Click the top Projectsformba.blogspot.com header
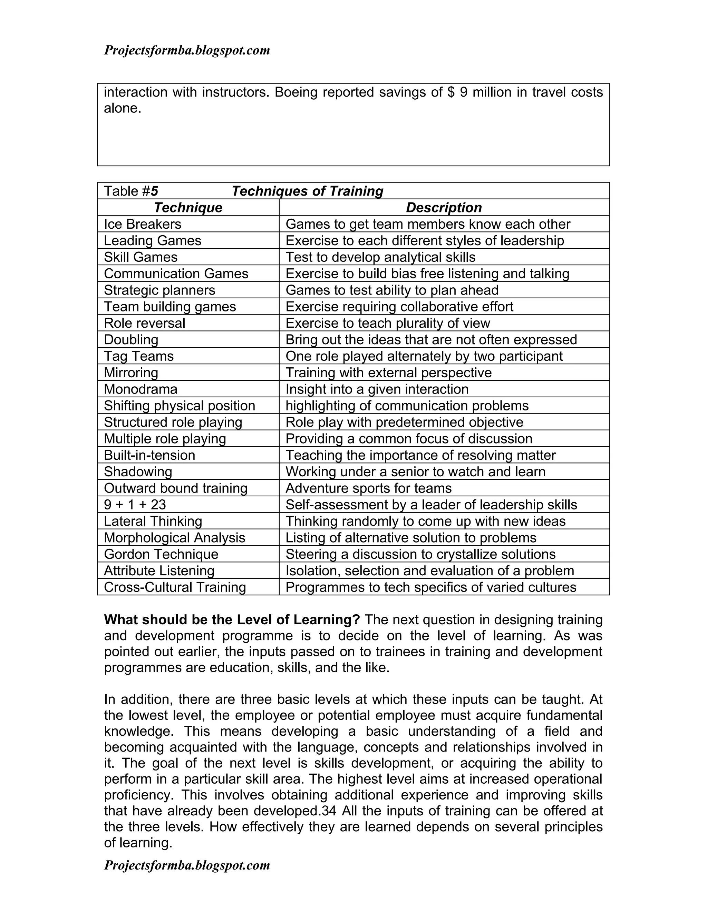point(187,51)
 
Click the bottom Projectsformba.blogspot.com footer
point(187,865)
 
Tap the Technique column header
point(188,208)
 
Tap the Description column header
point(444,208)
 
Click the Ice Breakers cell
point(143,224)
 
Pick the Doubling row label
point(131,340)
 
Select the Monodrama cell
point(141,389)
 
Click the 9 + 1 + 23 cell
point(135,505)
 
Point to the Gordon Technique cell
point(161,554)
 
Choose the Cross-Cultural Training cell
point(175,587)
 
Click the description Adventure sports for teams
point(369,488)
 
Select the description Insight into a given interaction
point(377,389)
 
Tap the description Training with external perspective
point(388,373)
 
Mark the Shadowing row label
point(138,471)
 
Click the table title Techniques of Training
point(308,191)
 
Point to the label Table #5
point(131,191)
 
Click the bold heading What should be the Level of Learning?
point(232,620)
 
